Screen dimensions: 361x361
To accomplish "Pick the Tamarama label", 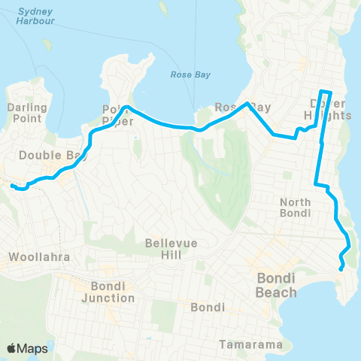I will (251, 345).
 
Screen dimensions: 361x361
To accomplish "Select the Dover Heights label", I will (330, 110).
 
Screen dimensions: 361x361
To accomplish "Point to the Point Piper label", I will (117, 114).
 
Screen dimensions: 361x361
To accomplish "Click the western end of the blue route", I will (13, 185).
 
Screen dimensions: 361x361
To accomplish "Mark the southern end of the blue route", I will (341, 268).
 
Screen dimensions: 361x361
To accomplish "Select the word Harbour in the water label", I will (35, 22).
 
